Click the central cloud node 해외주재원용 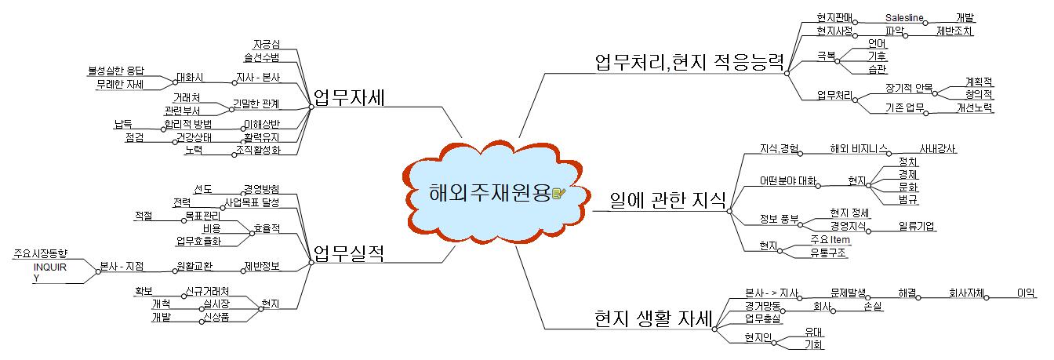pyautogui.click(x=490, y=193)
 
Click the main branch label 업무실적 pyautogui.click(x=348, y=253)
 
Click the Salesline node pyautogui.click(x=905, y=17)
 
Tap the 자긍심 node pyautogui.click(x=267, y=43)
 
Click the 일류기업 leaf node pyautogui.click(x=917, y=227)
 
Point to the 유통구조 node pyautogui.click(x=829, y=253)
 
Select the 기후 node pyautogui.click(x=877, y=56)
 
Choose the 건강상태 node pyautogui.click(x=192, y=137)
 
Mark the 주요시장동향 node pyautogui.click(x=41, y=253)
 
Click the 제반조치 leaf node pyautogui.click(x=954, y=31)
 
